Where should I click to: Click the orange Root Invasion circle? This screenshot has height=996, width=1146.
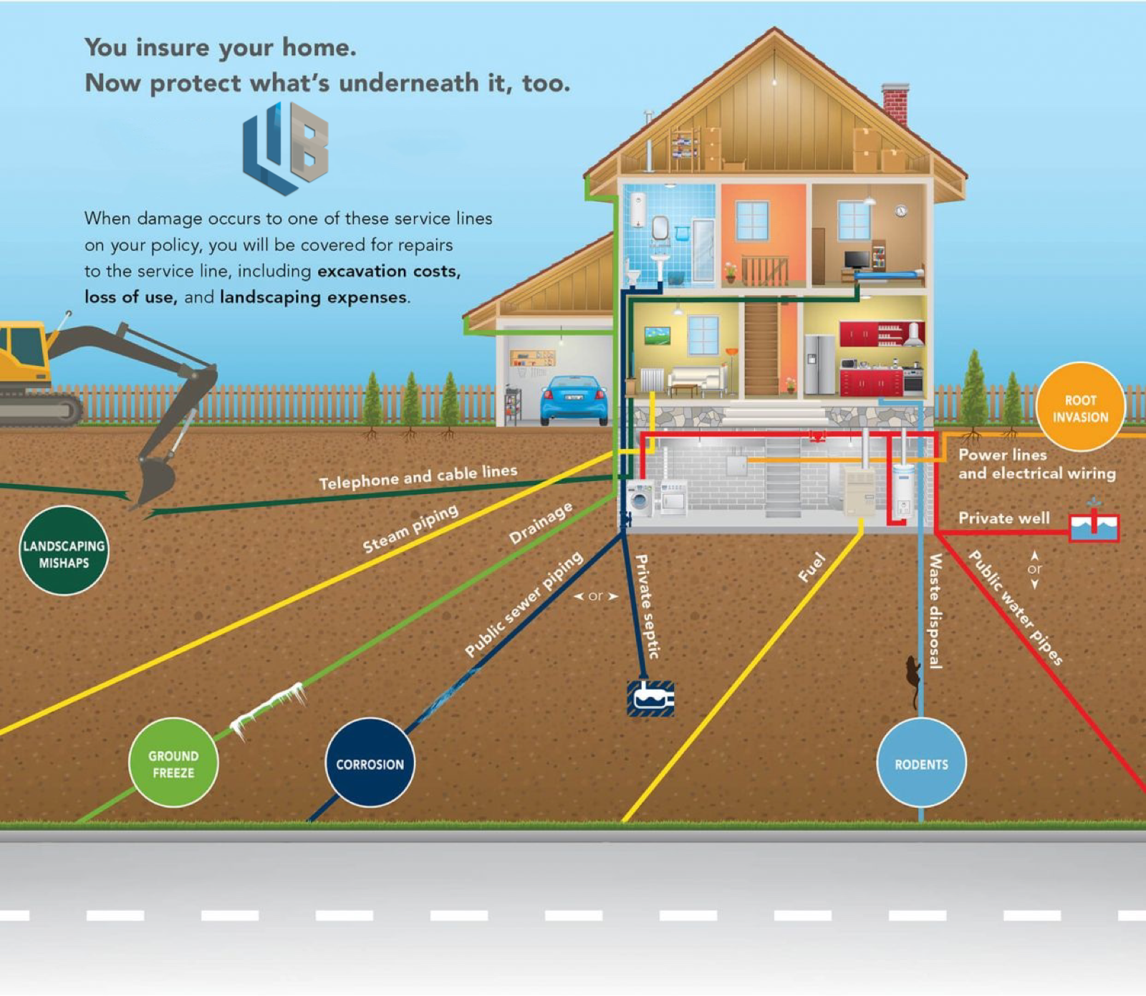click(x=1080, y=408)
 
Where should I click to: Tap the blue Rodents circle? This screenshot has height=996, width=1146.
click(x=921, y=763)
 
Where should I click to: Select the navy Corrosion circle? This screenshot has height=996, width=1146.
click(x=370, y=763)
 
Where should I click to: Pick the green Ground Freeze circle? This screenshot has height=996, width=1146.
click(x=173, y=763)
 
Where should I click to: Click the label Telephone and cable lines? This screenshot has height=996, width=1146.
click(x=418, y=476)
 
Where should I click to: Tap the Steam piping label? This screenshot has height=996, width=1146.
click(x=410, y=529)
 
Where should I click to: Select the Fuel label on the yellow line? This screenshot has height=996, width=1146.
click(x=812, y=567)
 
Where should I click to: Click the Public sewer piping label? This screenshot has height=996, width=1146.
click(x=524, y=605)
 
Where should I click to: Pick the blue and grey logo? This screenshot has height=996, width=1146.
click(x=286, y=148)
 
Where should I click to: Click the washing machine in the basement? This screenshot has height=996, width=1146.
click(x=640, y=498)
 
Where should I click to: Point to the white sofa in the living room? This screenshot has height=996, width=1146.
click(x=695, y=378)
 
